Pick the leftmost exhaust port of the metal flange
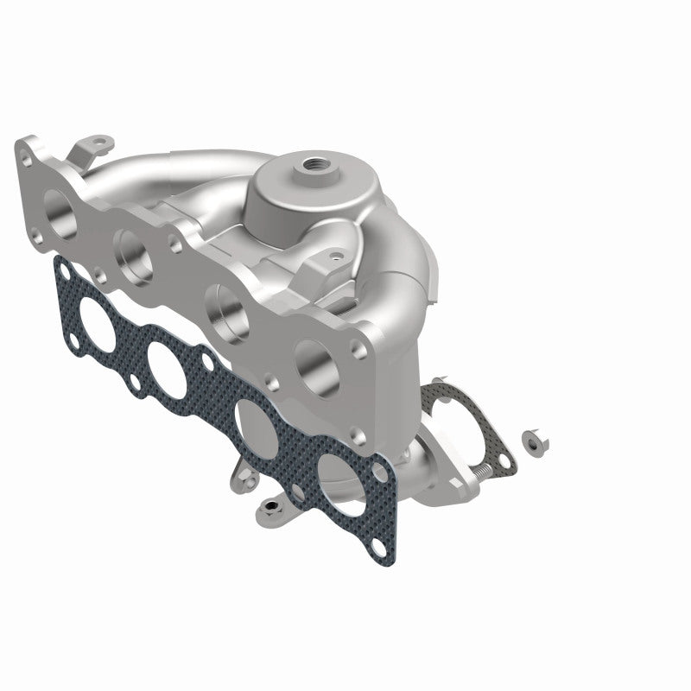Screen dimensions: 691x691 tap(59, 207)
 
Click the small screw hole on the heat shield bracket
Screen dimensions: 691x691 tap(330, 256)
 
